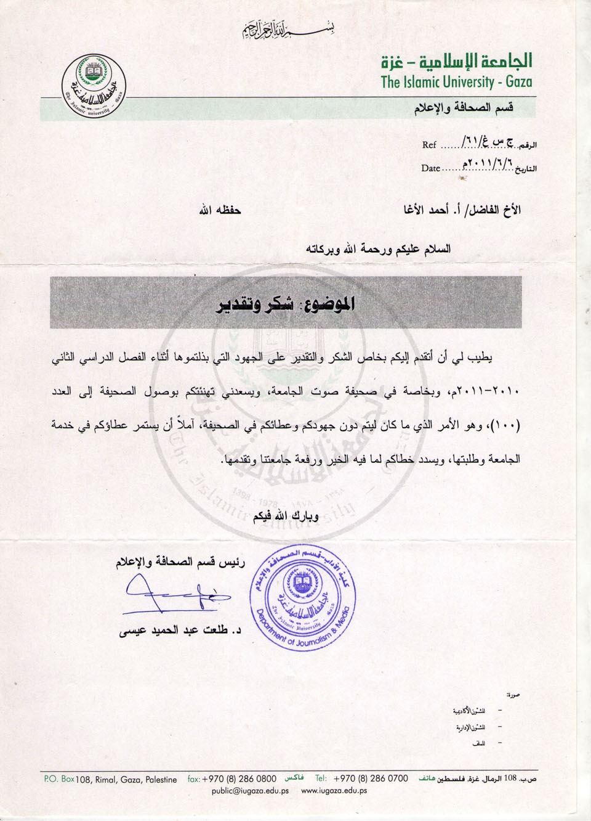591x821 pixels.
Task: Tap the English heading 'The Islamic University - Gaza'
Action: tap(456, 82)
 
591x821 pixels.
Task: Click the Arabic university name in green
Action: tap(456, 61)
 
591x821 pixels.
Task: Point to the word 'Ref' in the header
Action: tap(429, 145)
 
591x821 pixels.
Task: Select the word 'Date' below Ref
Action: tap(430, 168)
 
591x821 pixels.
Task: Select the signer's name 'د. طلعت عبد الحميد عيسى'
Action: tap(179, 631)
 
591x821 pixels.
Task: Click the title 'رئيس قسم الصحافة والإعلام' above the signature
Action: tap(180, 562)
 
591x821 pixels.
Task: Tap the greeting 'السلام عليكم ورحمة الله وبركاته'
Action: tap(378, 249)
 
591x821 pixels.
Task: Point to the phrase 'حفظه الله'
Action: tap(219, 211)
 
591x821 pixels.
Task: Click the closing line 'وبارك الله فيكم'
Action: tap(286, 515)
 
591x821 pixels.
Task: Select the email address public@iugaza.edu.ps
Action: tap(250, 791)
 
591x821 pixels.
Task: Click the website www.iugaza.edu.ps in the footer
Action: tap(334, 791)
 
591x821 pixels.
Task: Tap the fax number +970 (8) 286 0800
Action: tap(239, 779)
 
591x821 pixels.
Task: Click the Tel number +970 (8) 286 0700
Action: tap(370, 779)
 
